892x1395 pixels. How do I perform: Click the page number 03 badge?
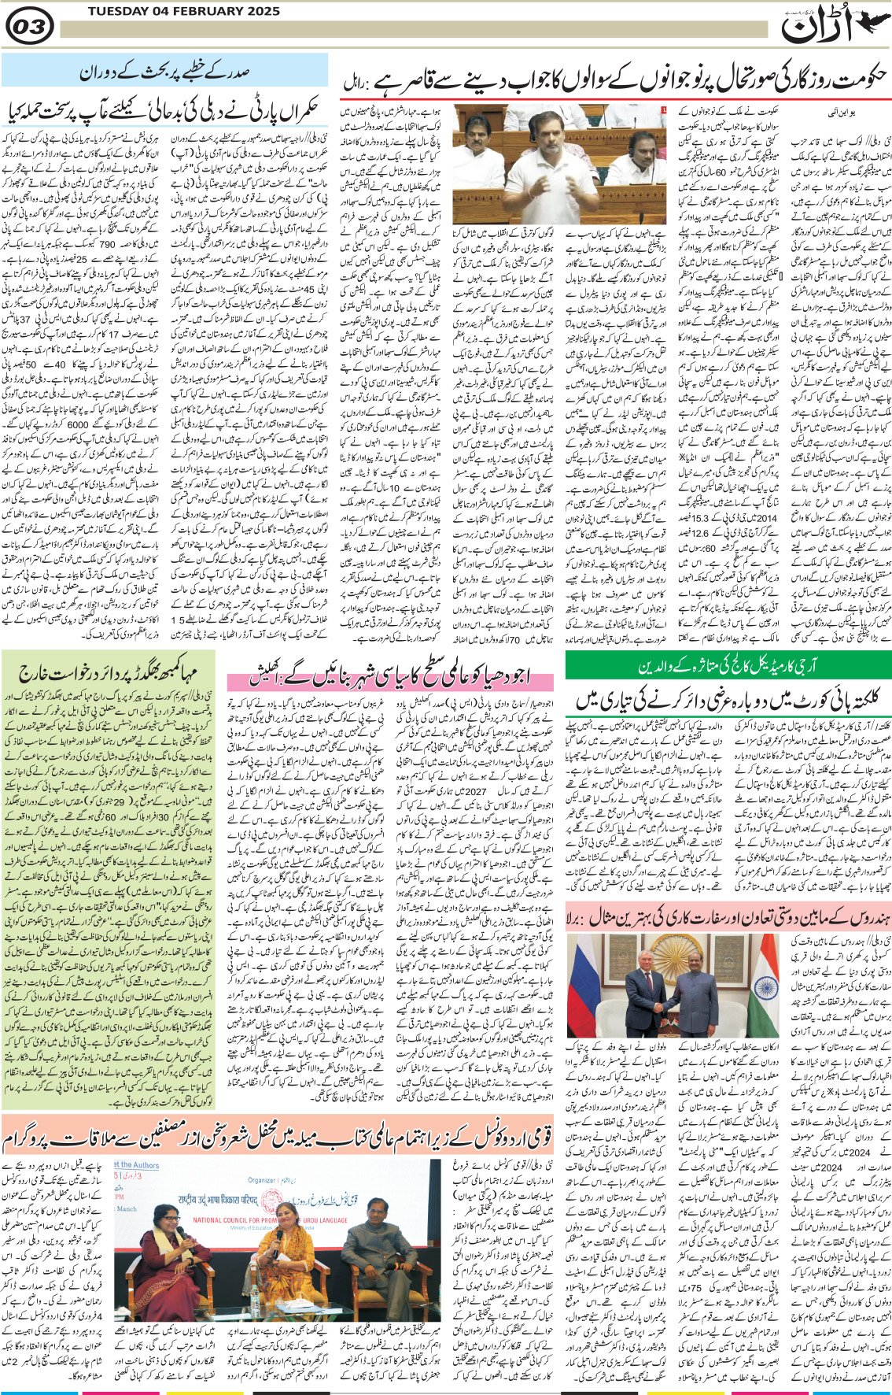pos(29,28)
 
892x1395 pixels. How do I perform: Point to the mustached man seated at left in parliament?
pos(477,138)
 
